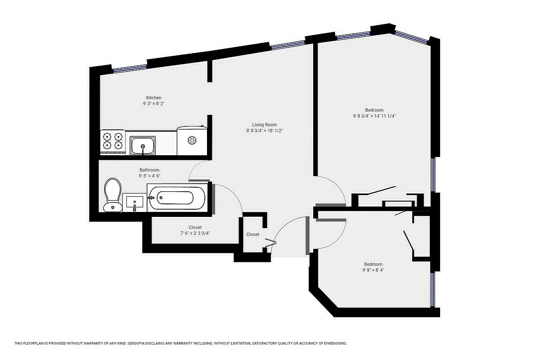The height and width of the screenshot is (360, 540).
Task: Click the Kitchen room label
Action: click(153, 98)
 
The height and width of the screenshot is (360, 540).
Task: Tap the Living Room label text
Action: click(264, 125)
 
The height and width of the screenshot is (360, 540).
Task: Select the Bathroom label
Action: click(149, 170)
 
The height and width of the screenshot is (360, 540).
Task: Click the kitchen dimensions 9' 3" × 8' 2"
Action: click(153, 103)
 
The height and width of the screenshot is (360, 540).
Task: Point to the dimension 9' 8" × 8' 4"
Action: click(373, 270)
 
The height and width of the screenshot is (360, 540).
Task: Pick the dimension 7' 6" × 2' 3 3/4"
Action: click(195, 233)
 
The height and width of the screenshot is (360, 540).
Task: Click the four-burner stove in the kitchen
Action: click(112, 140)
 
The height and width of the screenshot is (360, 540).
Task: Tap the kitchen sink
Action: click(143, 145)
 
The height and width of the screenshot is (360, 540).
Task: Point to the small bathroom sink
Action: click(134, 202)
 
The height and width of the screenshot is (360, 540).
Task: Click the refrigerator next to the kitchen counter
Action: click(192, 140)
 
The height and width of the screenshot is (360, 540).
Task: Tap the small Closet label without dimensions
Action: click(252, 234)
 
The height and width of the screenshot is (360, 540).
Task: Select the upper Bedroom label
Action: click(374, 110)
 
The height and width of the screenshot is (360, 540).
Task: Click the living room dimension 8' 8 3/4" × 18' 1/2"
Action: click(264, 130)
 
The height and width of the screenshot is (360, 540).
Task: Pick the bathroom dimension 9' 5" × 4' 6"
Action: click(149, 176)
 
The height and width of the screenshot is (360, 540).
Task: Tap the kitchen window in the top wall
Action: click(130, 68)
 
